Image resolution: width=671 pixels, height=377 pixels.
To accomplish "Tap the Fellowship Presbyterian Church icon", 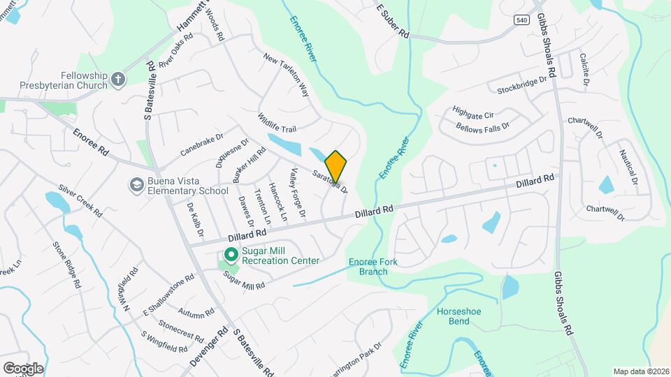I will (x=118, y=80).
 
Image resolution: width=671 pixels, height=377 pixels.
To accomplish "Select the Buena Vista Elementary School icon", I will (x=136, y=185).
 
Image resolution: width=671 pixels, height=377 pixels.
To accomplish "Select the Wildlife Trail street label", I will (x=277, y=123).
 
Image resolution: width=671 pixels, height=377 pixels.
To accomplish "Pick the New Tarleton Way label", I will (x=285, y=73).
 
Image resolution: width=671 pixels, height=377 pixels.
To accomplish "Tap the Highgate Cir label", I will (x=473, y=112).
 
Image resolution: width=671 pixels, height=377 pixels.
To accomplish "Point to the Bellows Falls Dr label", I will (x=482, y=127).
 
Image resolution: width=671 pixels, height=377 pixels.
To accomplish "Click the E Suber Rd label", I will (x=391, y=22).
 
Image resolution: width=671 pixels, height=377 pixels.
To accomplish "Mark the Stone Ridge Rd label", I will (x=67, y=266).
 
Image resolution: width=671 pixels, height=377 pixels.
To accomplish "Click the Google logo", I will (x=23, y=368).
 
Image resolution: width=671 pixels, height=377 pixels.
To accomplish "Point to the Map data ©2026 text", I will (x=641, y=371).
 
